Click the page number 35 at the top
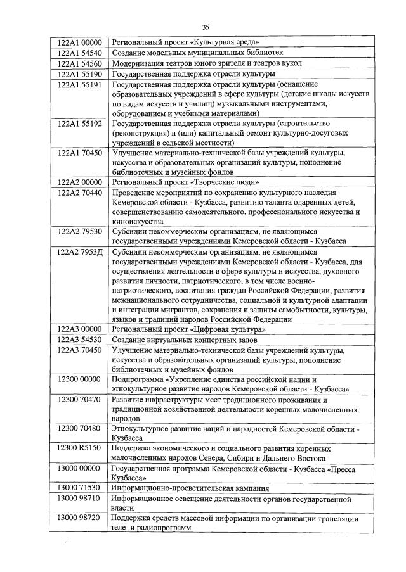tap(205, 27)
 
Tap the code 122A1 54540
tap(79, 53)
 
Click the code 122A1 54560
tap(79, 63)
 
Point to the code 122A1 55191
tap(79, 84)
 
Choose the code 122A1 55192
tap(79, 124)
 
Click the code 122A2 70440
tap(79, 192)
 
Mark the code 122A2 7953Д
tap(79, 251)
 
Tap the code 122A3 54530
tap(79, 340)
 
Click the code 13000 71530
tap(79, 488)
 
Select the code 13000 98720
tap(79, 518)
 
